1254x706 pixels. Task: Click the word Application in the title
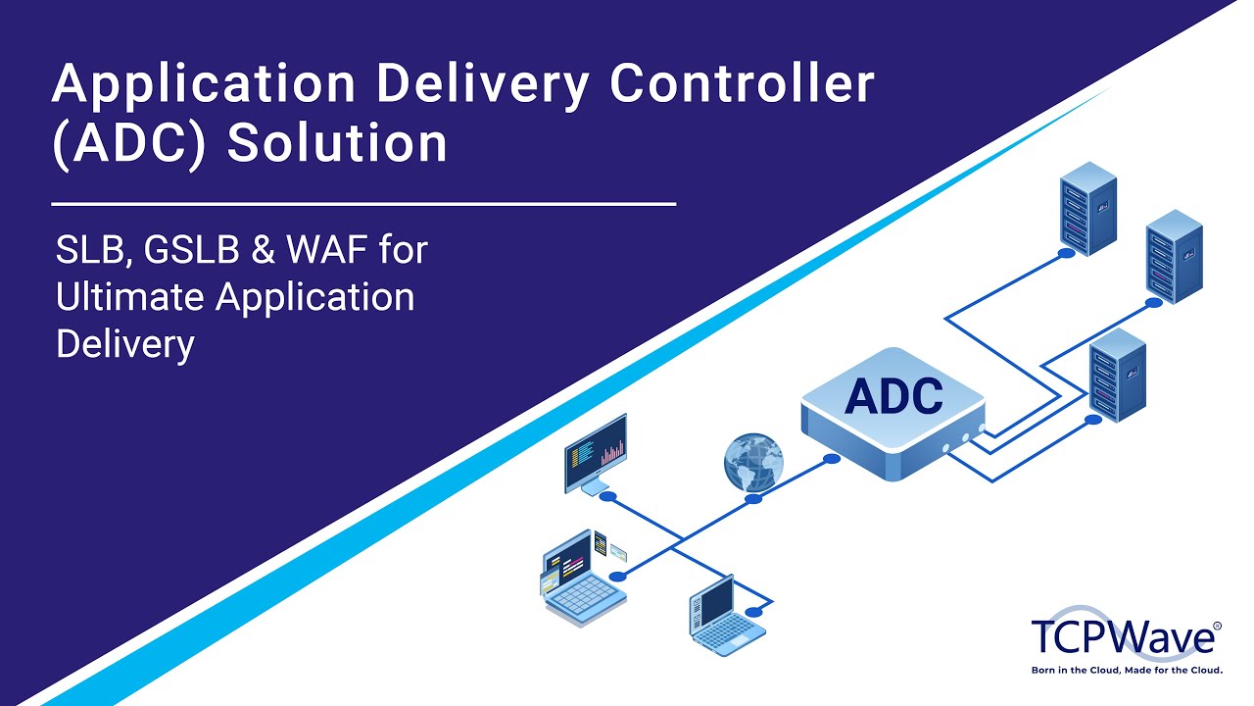coord(204,86)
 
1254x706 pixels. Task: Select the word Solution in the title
coord(337,143)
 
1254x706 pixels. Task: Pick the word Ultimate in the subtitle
coord(129,297)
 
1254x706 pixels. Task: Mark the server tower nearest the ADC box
coord(1118,372)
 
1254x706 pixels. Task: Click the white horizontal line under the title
coord(363,204)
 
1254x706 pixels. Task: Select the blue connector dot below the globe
coord(753,499)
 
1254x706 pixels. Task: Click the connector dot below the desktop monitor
coord(607,497)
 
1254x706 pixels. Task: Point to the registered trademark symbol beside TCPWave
coord(1218,625)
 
